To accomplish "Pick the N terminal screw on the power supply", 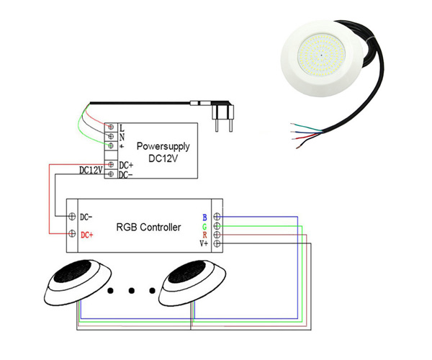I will [x=111, y=136].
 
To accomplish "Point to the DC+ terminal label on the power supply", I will [x=125, y=165].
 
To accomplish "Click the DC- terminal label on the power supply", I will [x=125, y=174].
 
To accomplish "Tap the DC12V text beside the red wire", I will [x=90, y=170].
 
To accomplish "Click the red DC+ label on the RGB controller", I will [x=87, y=235].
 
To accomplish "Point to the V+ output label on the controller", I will [x=203, y=244].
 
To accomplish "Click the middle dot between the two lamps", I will [x=131, y=291].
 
